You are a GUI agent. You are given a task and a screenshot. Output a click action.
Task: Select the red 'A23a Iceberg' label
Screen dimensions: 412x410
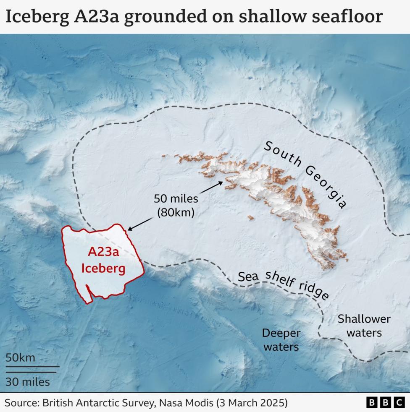[103, 260]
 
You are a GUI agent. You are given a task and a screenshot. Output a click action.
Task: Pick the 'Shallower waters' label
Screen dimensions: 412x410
[364, 326]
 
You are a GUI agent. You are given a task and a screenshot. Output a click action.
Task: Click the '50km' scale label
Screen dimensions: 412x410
[20, 358]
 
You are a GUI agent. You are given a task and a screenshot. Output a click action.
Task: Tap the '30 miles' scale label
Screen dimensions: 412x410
[28, 382]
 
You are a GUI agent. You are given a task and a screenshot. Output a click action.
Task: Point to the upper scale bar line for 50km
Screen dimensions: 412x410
[32, 366]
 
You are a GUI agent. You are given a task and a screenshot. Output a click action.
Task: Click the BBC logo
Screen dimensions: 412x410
[386, 403]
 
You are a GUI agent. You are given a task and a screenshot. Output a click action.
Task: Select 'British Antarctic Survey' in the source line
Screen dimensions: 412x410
[105, 403]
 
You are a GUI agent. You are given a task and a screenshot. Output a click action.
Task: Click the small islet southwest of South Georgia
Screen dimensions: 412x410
[250, 218]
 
